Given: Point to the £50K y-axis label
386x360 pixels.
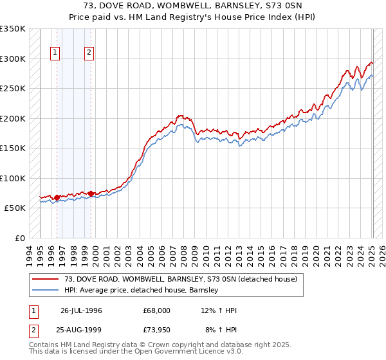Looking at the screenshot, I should tap(15, 208).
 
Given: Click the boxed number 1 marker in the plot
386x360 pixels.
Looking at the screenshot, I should tap(55, 53).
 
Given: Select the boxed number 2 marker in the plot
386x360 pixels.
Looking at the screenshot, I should tap(89, 53).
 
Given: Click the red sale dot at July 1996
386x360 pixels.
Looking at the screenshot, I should tap(57, 197).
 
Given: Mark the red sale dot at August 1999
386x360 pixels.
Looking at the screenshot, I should tap(91, 194).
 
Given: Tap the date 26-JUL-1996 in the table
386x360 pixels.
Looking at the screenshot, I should tap(81, 310).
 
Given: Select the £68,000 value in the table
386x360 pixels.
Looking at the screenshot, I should tap(158, 310).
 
